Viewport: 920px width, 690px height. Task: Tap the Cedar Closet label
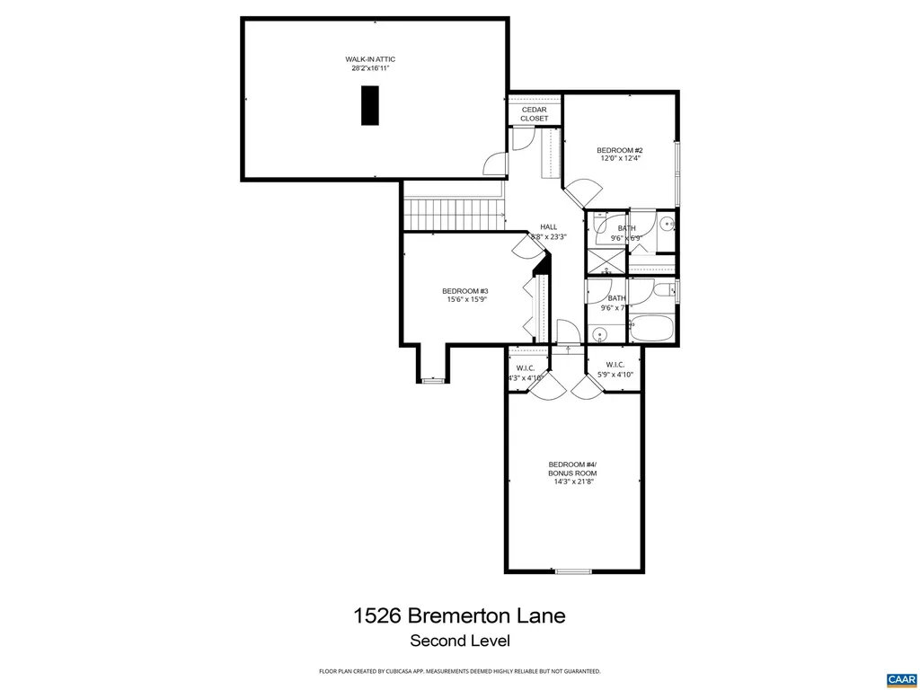pyautogui.click(x=534, y=114)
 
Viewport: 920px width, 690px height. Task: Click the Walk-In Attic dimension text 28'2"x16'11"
pyautogui.click(x=370, y=68)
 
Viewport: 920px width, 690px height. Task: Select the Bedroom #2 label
pyautogui.click(x=620, y=149)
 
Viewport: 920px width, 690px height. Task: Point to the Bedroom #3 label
pyautogui.click(x=465, y=291)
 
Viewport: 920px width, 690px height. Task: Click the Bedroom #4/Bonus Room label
pyautogui.click(x=572, y=468)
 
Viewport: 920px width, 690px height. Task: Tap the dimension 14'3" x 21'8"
pyautogui.click(x=572, y=482)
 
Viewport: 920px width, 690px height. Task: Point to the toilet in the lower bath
pyautogui.click(x=662, y=289)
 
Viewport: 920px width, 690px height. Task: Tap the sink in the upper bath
pyautogui.click(x=666, y=225)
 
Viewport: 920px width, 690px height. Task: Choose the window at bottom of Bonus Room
pyautogui.click(x=573, y=571)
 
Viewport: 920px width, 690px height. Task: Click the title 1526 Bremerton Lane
pyautogui.click(x=459, y=615)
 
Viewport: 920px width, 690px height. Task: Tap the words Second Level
pyautogui.click(x=459, y=641)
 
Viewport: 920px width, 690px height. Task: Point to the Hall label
pyautogui.click(x=548, y=226)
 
